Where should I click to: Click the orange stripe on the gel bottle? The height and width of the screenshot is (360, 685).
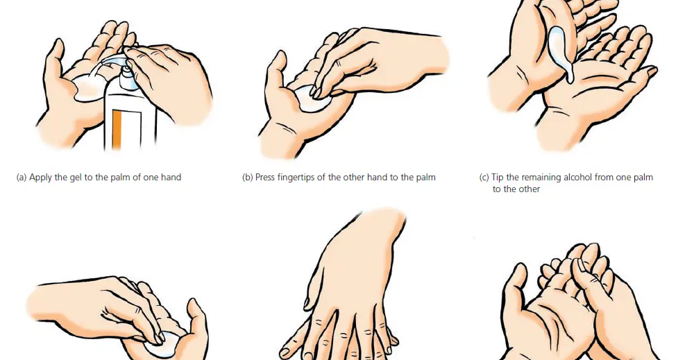pyautogui.click(x=117, y=130)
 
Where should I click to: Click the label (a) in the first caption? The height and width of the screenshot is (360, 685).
pyautogui.click(x=22, y=178)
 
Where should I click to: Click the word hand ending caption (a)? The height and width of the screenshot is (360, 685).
pyautogui.click(x=171, y=177)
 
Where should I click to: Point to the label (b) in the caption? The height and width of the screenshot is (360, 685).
pyautogui.click(x=247, y=178)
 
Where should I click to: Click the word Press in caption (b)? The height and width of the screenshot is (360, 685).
pyautogui.click(x=264, y=177)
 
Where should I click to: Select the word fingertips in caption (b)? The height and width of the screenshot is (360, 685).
pyautogui.click(x=297, y=178)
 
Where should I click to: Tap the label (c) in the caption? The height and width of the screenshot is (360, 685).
pyautogui.click(x=484, y=178)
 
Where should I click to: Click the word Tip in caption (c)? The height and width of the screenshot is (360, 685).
pyautogui.click(x=498, y=178)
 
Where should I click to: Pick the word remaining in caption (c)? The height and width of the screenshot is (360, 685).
pyautogui.click(x=536, y=178)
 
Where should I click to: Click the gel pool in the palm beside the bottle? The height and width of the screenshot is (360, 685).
pyautogui.click(x=88, y=88)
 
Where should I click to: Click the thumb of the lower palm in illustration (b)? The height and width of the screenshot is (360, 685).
pyautogui.click(x=276, y=74)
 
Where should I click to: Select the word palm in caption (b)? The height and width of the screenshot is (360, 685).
pyautogui.click(x=425, y=178)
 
